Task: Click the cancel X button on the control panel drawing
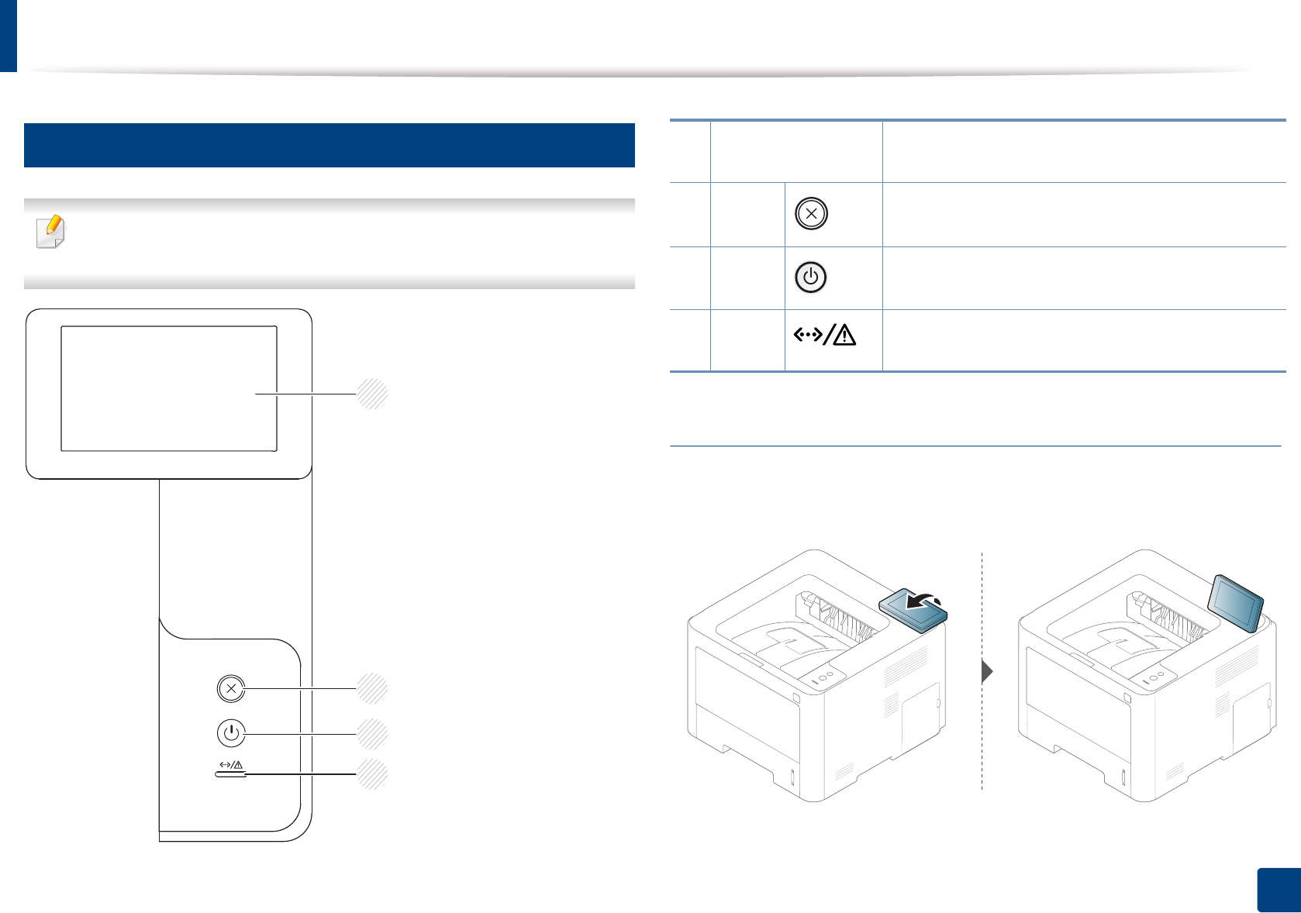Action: tap(231, 688)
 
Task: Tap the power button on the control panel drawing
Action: tap(231, 732)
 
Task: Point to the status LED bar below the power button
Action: tap(231, 774)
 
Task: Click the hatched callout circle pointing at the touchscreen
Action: tap(372, 394)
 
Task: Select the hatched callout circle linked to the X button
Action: tap(372, 688)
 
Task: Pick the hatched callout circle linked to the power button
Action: tap(372, 733)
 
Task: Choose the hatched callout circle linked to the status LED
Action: tap(372, 774)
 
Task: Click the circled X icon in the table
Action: tap(811, 214)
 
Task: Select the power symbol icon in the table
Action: tap(811, 277)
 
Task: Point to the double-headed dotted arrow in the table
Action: tap(808, 336)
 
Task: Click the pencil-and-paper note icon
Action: tap(51, 232)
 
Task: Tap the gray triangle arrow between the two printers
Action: tap(987, 671)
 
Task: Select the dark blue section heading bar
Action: tap(330, 145)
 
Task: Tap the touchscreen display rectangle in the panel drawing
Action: tap(169, 388)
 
